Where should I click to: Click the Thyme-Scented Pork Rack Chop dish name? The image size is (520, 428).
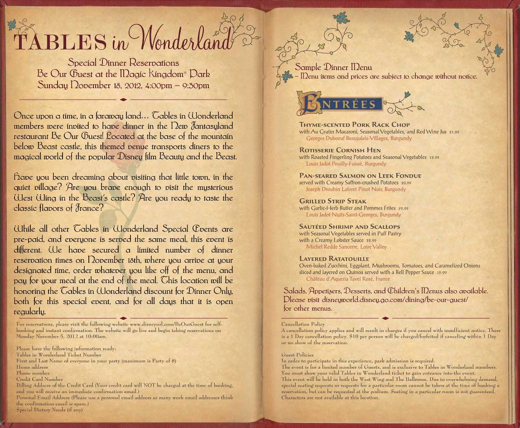coord(354,125)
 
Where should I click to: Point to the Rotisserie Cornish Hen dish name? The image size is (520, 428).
coord(340,150)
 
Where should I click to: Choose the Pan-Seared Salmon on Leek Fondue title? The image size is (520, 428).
coord(360,176)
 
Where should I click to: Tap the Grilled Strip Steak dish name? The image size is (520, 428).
coord(332,201)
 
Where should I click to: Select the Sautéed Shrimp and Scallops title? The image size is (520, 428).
coord(350,226)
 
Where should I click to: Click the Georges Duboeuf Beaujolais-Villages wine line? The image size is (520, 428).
coord(359,138)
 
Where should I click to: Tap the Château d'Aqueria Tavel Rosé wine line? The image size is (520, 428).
coord(348,279)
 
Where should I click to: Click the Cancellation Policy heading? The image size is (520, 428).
coord(303,324)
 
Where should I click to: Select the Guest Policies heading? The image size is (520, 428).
coord(297,355)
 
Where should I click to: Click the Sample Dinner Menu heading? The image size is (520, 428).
coord(333,67)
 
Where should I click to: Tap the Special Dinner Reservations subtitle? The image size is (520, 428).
coord(123,63)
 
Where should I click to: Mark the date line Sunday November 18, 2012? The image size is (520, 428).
coord(123,85)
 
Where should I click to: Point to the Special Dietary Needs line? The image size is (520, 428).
coord(49,410)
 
